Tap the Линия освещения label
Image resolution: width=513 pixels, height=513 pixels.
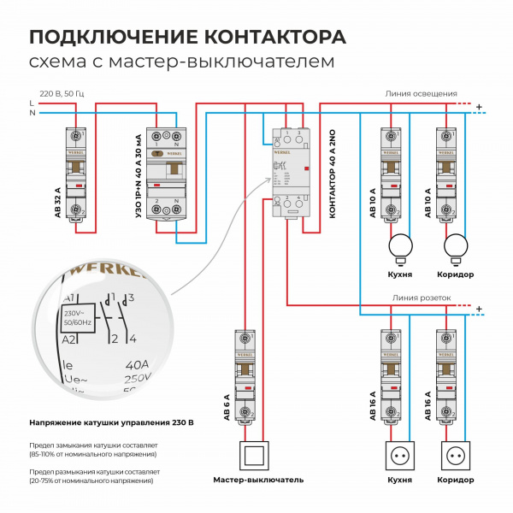pyautogui.click(x=422, y=93)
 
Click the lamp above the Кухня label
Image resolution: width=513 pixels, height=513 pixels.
pyautogui.click(x=399, y=247)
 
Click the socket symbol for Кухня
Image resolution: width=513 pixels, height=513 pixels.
pyautogui.click(x=399, y=457)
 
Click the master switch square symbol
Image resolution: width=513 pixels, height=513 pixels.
pyautogui.click(x=253, y=457)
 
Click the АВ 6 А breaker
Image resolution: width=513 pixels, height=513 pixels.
pyautogui.click(x=246, y=376)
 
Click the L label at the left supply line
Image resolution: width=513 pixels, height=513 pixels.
pyautogui.click(x=32, y=103)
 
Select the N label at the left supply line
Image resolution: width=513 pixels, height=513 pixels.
pyautogui.click(x=32, y=113)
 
